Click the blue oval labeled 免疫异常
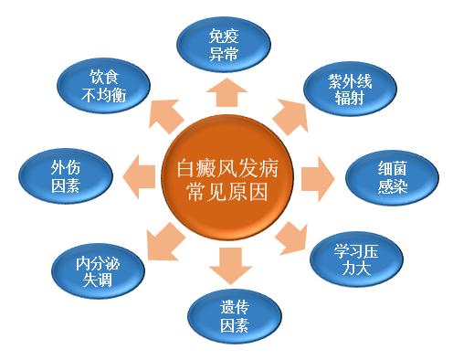click(223, 47)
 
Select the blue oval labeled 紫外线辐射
click(351, 89)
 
